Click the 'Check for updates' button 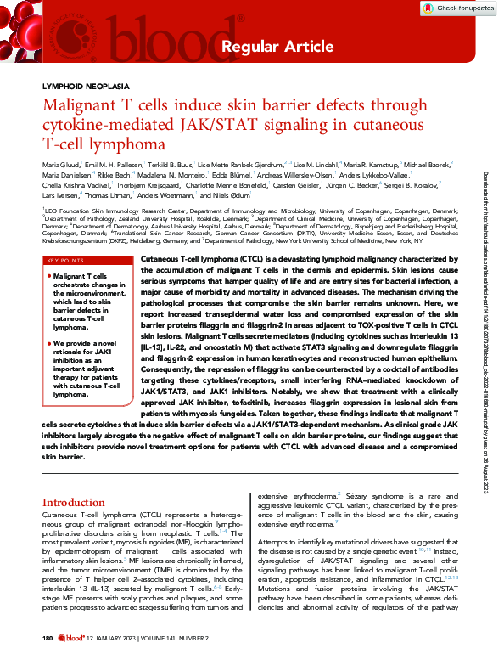click(x=466, y=8)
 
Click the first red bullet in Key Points click(x=48, y=252)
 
